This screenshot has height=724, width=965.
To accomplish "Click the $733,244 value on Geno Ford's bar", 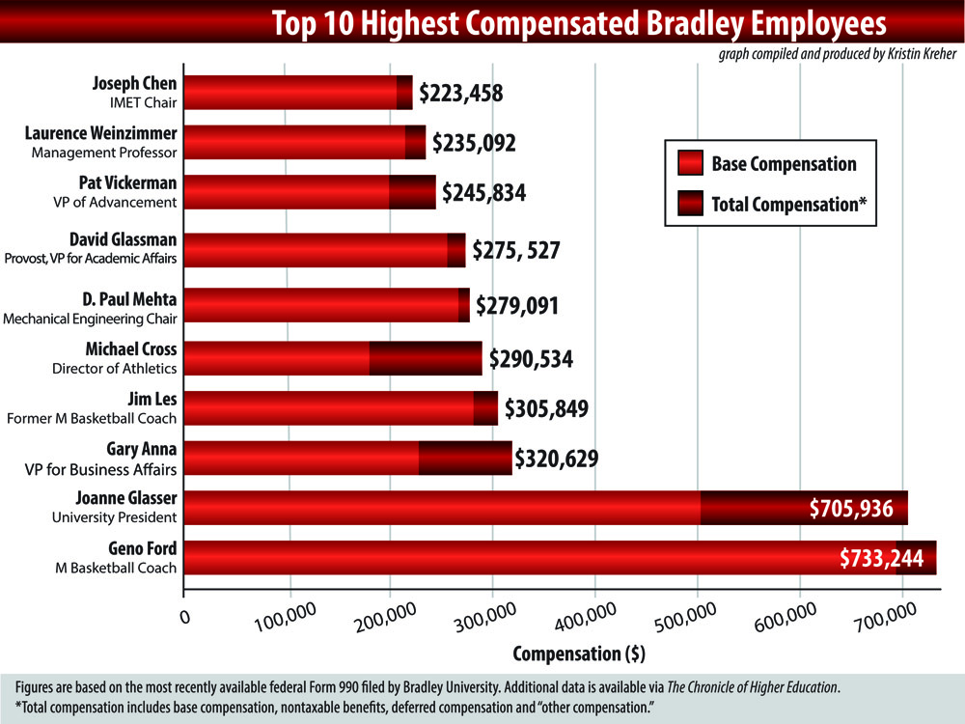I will pyautogui.click(x=882, y=558).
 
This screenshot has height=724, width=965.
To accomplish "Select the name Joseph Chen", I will pyautogui.click(x=134, y=83).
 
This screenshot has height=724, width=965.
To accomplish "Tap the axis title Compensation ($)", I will pyautogui.click(x=579, y=654).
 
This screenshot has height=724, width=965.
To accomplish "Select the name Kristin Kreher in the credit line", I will pyautogui.click(x=914, y=54).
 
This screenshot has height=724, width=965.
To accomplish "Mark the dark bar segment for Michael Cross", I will pyautogui.click(x=425, y=358).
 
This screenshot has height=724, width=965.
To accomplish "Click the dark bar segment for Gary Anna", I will pyautogui.click(x=465, y=458).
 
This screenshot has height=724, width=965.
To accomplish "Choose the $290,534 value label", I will pyautogui.click(x=531, y=360).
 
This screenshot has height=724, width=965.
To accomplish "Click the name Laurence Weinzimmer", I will pyautogui.click(x=101, y=134).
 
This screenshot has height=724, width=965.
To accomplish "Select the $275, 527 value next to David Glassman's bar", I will pyautogui.click(x=515, y=250).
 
